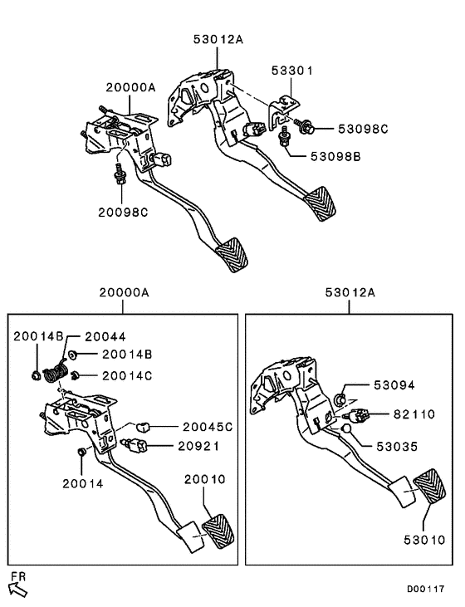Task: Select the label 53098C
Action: (362, 129)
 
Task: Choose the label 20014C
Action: (127, 375)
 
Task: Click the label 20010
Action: (204, 479)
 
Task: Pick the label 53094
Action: (393, 385)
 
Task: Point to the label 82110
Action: (412, 414)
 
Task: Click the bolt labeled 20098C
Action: (121, 175)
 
